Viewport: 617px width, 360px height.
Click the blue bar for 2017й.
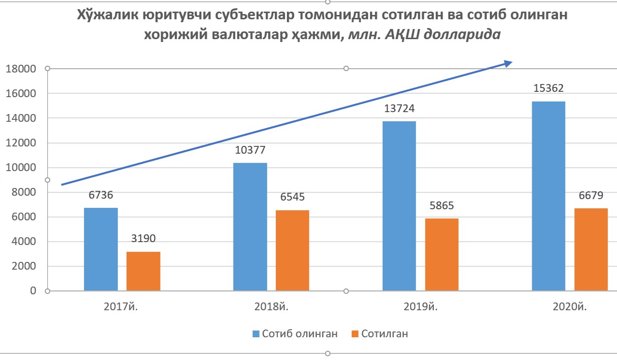[x=101, y=249]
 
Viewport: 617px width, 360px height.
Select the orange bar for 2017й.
[x=143, y=271]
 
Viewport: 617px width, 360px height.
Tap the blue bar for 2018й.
[x=250, y=227]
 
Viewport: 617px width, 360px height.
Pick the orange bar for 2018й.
[x=292, y=250]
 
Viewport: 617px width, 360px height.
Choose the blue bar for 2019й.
[x=399, y=206]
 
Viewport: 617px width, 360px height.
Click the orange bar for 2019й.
[x=442, y=255]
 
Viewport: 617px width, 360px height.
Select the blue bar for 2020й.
[x=548, y=196]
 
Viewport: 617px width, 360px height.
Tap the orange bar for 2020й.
[x=591, y=249]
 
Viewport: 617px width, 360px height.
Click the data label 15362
[x=548, y=88]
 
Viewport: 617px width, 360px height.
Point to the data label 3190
[x=143, y=239]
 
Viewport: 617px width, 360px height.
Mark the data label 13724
[x=399, y=109]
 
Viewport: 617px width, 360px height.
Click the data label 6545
[x=292, y=197]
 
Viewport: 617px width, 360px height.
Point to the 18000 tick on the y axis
[x=20, y=69]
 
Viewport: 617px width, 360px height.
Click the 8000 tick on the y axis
[x=23, y=192]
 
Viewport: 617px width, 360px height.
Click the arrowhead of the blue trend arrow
[x=508, y=63]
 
